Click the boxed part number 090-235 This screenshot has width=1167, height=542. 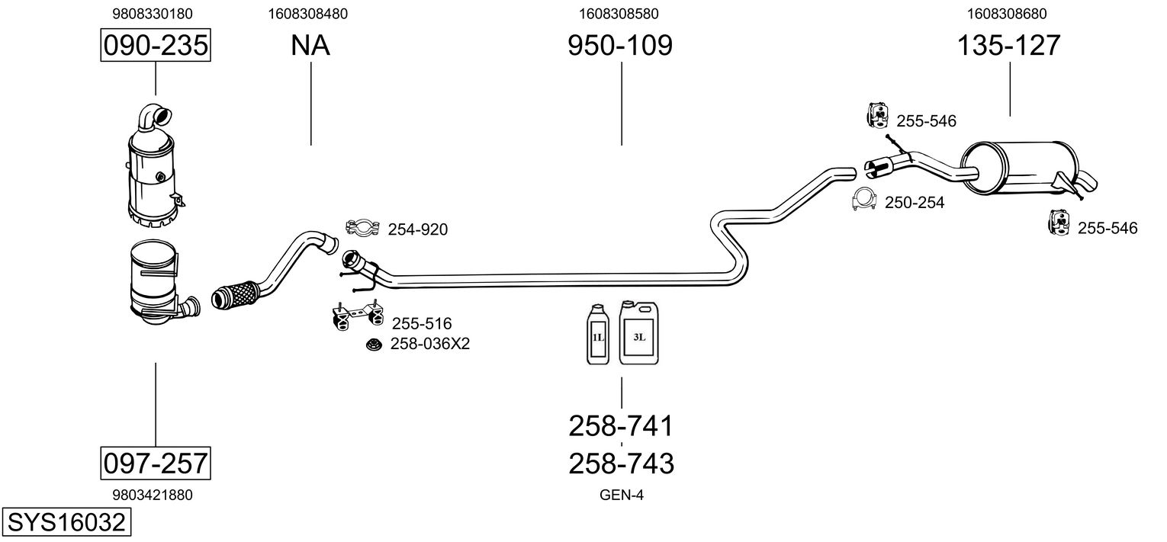[155, 46]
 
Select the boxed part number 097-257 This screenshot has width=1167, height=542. [155, 462]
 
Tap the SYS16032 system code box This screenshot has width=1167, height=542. [66, 523]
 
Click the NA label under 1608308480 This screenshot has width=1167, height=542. [310, 46]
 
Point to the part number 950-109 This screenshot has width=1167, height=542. [620, 46]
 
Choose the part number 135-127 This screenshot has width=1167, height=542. [1008, 46]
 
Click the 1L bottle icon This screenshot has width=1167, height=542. [596, 334]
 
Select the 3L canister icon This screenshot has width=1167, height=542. [638, 332]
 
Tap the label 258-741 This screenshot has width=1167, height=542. [621, 426]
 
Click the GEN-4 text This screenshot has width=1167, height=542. [622, 495]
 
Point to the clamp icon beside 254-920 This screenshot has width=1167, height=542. [364, 227]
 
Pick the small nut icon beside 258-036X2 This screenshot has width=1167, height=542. [375, 345]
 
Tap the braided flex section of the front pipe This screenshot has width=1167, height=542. [236, 294]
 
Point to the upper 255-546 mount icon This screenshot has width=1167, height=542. [878, 115]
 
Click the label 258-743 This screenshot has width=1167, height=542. [621, 463]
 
